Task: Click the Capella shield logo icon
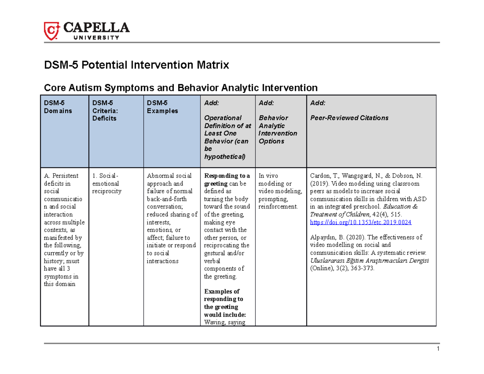52,31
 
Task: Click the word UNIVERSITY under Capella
95,38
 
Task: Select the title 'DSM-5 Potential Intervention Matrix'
136,65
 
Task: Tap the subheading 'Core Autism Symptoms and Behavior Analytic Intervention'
180,88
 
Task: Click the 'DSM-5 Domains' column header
58,107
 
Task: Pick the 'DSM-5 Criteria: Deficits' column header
104,111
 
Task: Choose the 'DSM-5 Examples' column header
162,107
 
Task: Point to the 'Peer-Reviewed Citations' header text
349,118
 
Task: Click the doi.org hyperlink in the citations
360,222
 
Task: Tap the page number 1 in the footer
437,349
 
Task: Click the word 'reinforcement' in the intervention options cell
277,207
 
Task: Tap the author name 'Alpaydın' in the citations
322,237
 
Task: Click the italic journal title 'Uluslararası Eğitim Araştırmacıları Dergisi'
369,261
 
